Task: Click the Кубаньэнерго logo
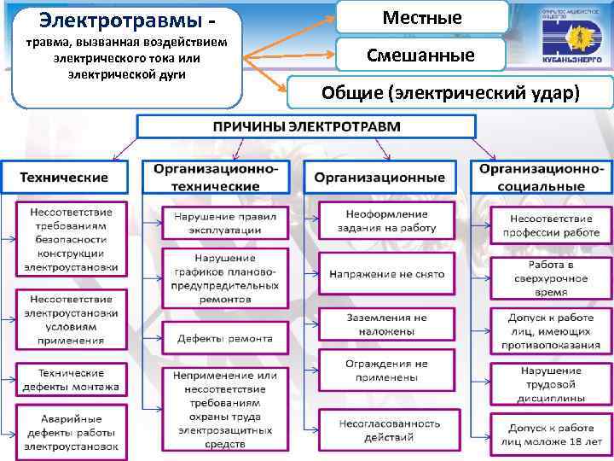[571, 38]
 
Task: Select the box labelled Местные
[422, 18]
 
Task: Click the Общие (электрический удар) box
[451, 93]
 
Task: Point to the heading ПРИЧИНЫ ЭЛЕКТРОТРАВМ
[305, 126]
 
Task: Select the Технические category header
[64, 178]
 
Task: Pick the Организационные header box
[379, 178]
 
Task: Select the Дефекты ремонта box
[225, 338]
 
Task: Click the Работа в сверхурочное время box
[551, 278]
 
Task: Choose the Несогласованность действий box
[388, 430]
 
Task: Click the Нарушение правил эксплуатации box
[225, 224]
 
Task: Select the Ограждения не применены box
[386, 370]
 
